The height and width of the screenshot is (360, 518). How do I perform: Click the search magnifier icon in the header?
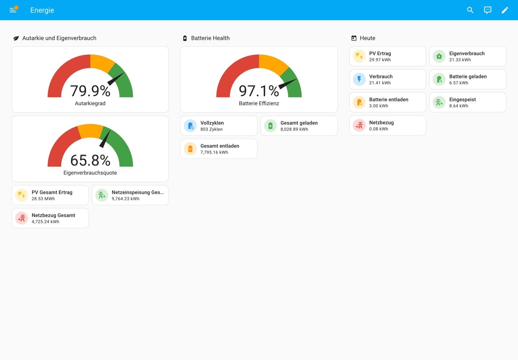coord(470,10)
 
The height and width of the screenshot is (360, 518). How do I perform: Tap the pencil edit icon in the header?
coord(505,10)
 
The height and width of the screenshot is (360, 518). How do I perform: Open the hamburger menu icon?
coord(13,10)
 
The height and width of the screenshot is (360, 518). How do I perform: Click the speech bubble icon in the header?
coord(488,10)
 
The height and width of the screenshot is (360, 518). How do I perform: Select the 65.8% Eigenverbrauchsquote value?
coord(90,160)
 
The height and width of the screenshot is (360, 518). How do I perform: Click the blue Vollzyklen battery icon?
coord(190,126)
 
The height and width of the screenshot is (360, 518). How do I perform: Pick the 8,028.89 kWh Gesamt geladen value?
coord(294,129)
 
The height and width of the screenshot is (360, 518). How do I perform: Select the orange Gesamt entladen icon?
coord(190,149)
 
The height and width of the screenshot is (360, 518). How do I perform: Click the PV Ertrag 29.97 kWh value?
coord(380,60)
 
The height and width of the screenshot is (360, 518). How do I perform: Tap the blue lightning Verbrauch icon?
coord(359,79)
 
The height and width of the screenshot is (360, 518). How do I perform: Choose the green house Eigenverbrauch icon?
coord(439,56)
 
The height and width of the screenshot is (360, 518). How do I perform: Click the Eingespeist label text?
coord(463,99)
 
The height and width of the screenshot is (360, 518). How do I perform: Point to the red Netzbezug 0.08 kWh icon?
coord(359,125)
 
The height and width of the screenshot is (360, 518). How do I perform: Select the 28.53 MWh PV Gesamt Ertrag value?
coord(43,199)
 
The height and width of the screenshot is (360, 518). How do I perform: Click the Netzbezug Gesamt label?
coord(53,215)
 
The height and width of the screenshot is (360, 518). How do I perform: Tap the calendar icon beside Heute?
coord(354,38)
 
